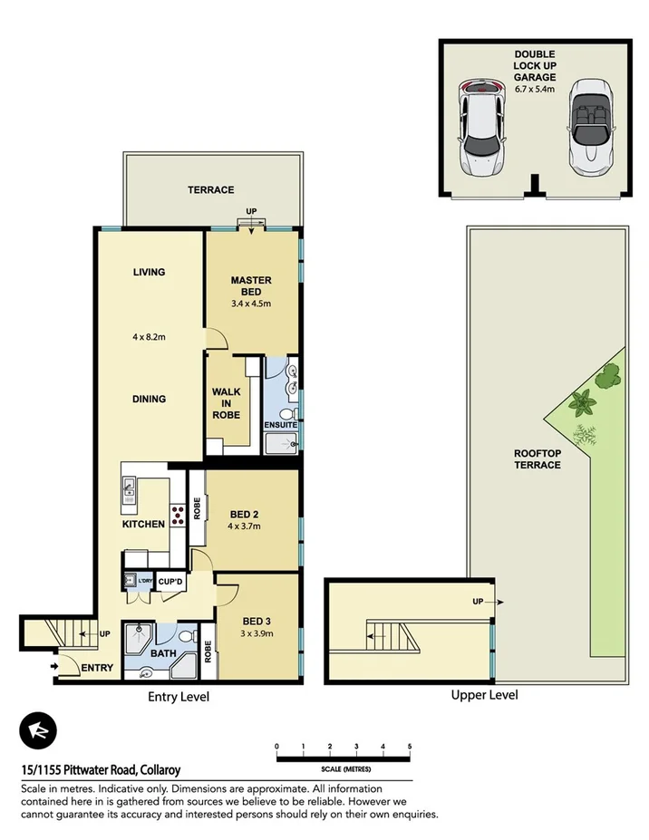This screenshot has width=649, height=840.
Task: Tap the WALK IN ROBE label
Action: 226,402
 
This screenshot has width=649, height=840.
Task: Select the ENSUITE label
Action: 282,424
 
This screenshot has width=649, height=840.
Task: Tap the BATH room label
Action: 163,652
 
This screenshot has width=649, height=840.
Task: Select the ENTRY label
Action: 97,668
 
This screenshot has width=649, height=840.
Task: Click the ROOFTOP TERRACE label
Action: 537,459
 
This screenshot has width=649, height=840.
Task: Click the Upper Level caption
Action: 484,695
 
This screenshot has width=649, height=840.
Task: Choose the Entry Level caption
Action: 179,697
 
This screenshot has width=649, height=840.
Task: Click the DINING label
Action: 149,399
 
